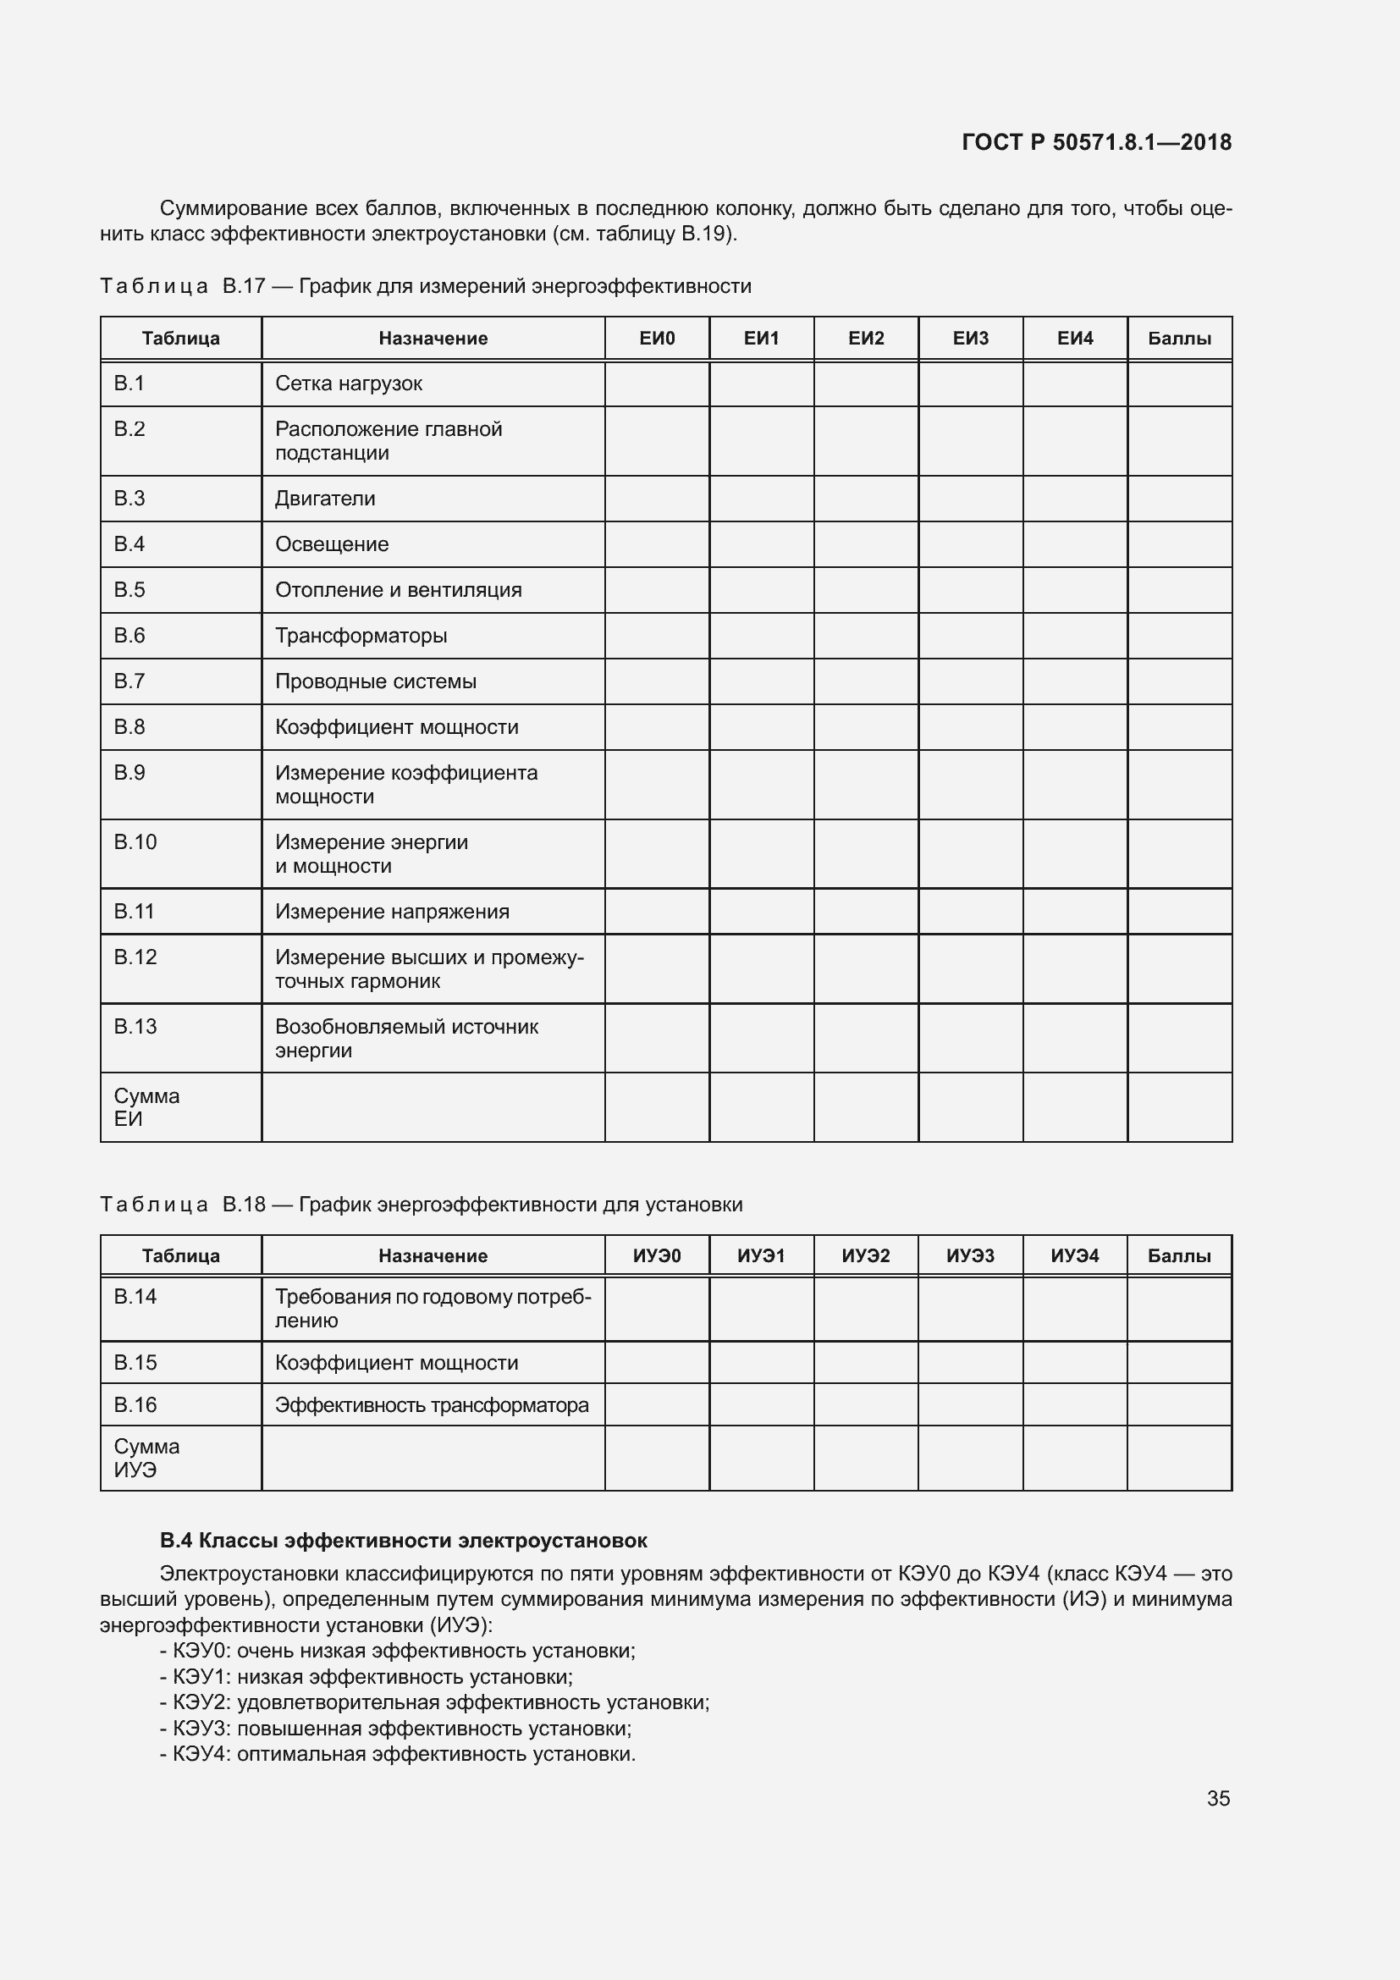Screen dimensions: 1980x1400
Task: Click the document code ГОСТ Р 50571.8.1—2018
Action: pos(1096,142)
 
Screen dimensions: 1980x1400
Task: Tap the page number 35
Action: pos(1218,1798)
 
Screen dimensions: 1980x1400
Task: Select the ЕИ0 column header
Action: pos(657,338)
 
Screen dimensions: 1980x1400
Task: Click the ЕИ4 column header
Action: pos(1075,338)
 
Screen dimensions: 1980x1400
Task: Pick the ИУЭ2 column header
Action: pos(866,1255)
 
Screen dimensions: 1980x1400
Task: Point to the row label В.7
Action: pos(130,681)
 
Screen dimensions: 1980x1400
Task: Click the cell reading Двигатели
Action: pos(325,499)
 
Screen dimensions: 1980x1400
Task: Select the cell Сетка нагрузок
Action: pos(348,383)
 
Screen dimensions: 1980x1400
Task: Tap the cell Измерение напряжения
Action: pos(392,912)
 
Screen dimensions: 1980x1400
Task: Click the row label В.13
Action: pos(135,1026)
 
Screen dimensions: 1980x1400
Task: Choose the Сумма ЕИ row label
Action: pos(146,1107)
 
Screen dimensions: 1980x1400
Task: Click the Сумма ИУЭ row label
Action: pos(146,1459)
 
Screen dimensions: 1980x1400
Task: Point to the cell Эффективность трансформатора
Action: pos(431,1405)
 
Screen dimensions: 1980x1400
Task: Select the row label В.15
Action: pos(135,1363)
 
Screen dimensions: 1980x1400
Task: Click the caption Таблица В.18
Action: pos(421,1204)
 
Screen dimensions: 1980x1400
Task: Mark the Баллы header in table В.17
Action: pos(1179,338)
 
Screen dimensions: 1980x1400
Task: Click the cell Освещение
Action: pos(332,544)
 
